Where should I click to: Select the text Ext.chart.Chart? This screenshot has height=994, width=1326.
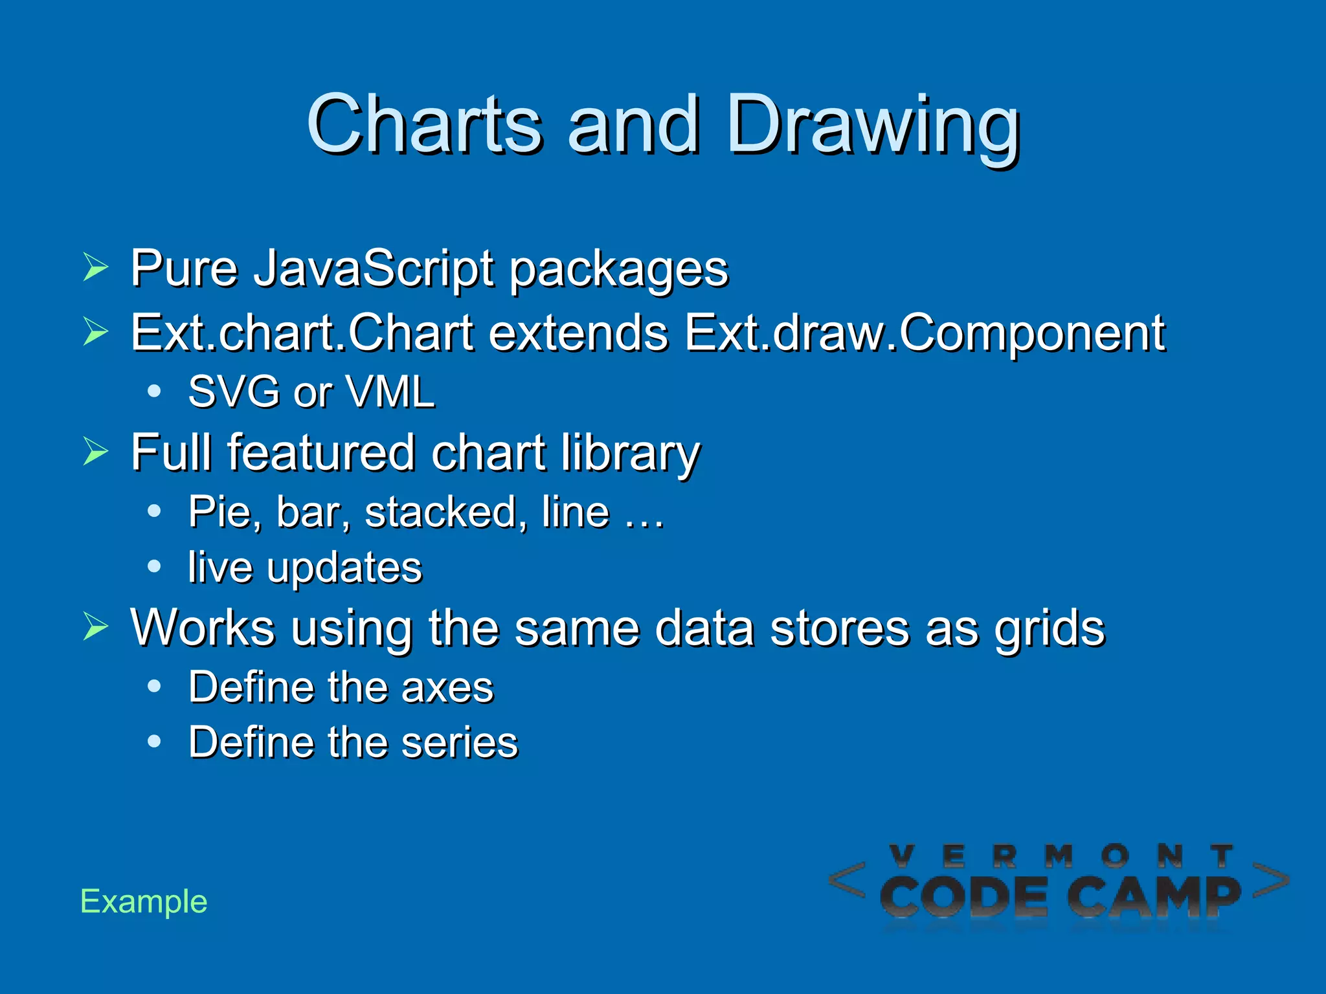click(x=302, y=333)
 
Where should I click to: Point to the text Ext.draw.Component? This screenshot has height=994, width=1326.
click(x=925, y=333)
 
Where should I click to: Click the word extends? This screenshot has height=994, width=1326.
click(x=578, y=333)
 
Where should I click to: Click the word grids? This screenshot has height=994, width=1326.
click(x=1050, y=628)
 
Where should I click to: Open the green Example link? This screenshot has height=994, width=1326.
click(x=144, y=901)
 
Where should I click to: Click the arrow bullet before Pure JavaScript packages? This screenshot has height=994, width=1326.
click(x=96, y=267)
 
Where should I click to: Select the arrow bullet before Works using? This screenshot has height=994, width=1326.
click(x=96, y=626)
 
